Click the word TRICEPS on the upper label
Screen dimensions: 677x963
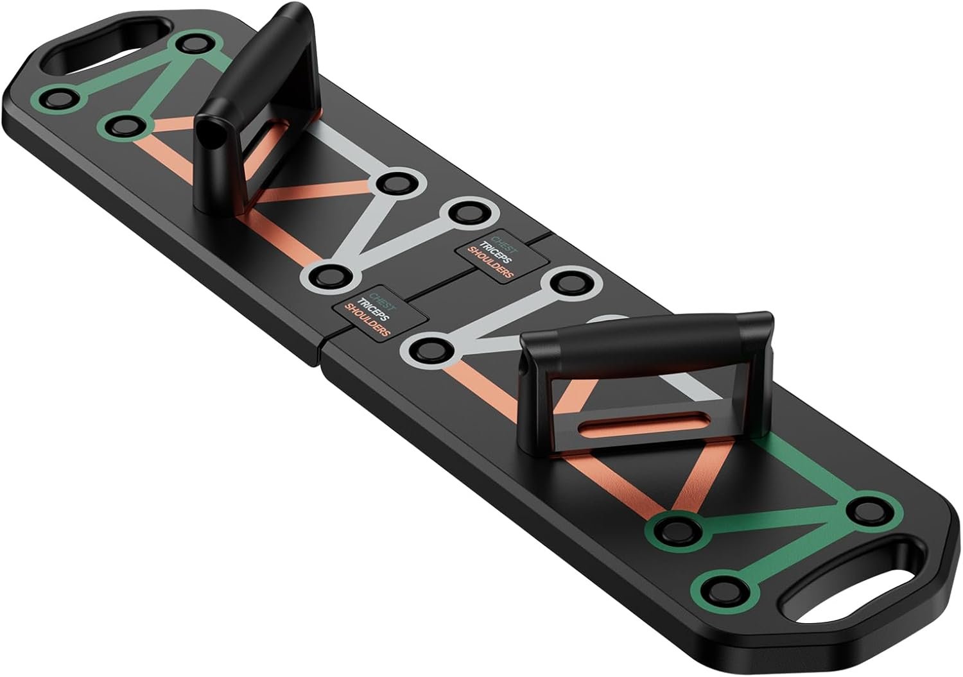(x=495, y=253)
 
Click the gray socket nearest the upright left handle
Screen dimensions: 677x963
(x=400, y=184)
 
